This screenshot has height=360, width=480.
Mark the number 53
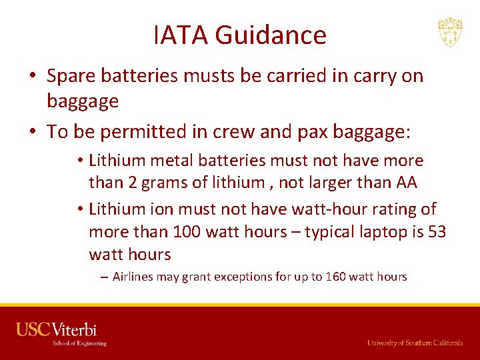[435, 232]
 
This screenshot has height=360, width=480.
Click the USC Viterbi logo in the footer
[61, 333]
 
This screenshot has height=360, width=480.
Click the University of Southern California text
[415, 343]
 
